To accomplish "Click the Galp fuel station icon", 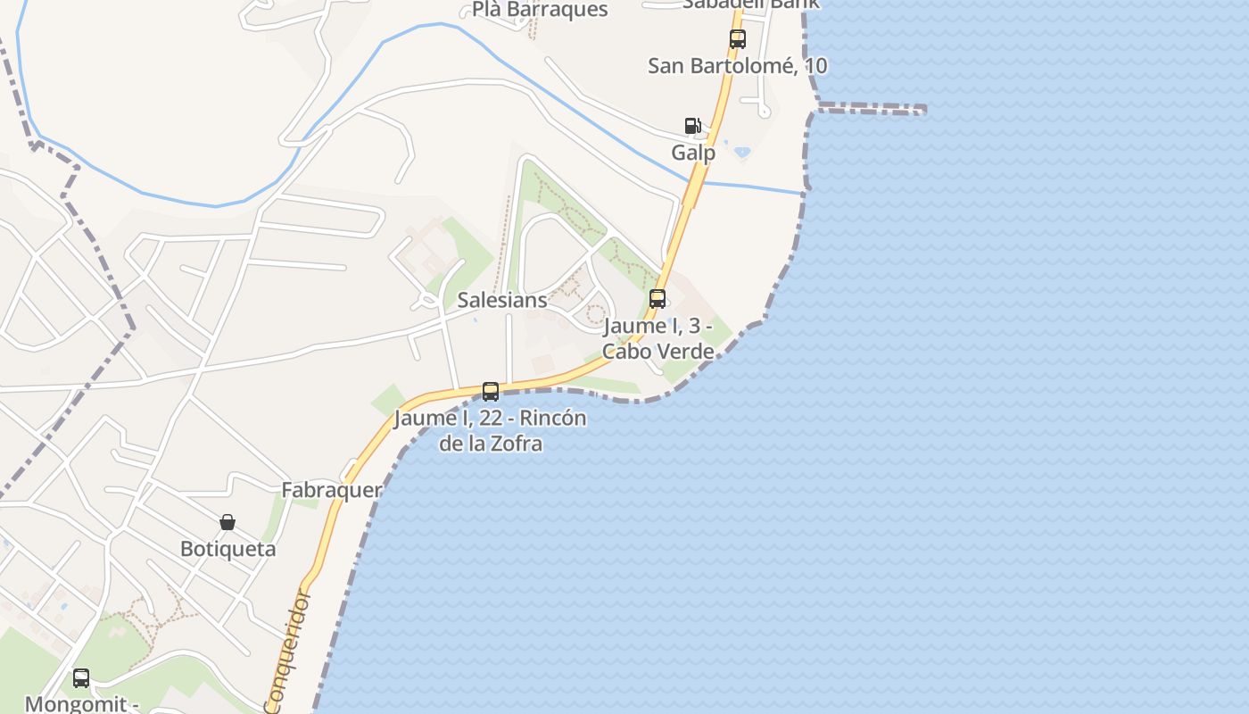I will click(x=692, y=126).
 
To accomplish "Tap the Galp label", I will click(x=693, y=153).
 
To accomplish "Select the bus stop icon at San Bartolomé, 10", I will click(x=737, y=39).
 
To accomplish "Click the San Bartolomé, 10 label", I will click(x=737, y=66).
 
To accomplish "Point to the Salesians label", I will click(x=501, y=300).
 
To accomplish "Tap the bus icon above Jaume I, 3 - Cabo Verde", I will click(x=658, y=299).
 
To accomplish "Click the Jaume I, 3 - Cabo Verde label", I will click(x=658, y=338).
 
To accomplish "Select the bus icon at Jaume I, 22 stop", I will click(x=490, y=391).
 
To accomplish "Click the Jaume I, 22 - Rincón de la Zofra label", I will click(x=490, y=430).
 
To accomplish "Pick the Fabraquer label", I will click(x=332, y=490).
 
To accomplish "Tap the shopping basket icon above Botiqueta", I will click(x=227, y=522).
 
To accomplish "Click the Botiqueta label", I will click(x=227, y=549).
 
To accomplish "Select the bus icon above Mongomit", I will click(x=81, y=678).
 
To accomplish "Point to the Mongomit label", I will click(x=82, y=704).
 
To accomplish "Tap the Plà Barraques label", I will click(x=540, y=10).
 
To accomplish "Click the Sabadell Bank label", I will click(x=749, y=4).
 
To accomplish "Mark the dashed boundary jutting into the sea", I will click(x=870, y=109).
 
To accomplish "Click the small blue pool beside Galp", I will click(x=741, y=153).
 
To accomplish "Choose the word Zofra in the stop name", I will click(x=517, y=443).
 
